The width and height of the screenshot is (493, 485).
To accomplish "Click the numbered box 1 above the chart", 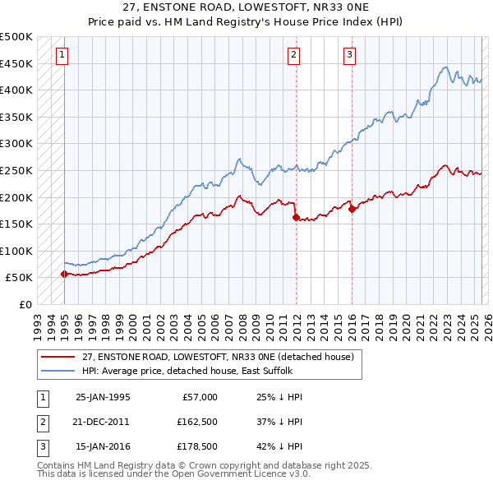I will [x=62, y=55].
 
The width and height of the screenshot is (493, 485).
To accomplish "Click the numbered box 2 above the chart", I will [x=293, y=55].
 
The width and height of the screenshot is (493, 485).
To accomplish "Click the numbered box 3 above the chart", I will [x=349, y=55].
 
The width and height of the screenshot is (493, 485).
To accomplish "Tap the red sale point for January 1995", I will [x=64, y=274].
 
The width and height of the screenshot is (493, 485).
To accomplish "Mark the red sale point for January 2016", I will [x=352, y=209].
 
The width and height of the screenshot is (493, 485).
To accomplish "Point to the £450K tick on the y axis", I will [x=16, y=63].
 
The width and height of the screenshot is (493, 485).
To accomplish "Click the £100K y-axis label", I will [x=16, y=251].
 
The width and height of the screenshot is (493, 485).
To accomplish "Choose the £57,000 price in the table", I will [x=199, y=397].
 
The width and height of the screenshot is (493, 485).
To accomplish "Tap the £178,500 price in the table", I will [x=196, y=446].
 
